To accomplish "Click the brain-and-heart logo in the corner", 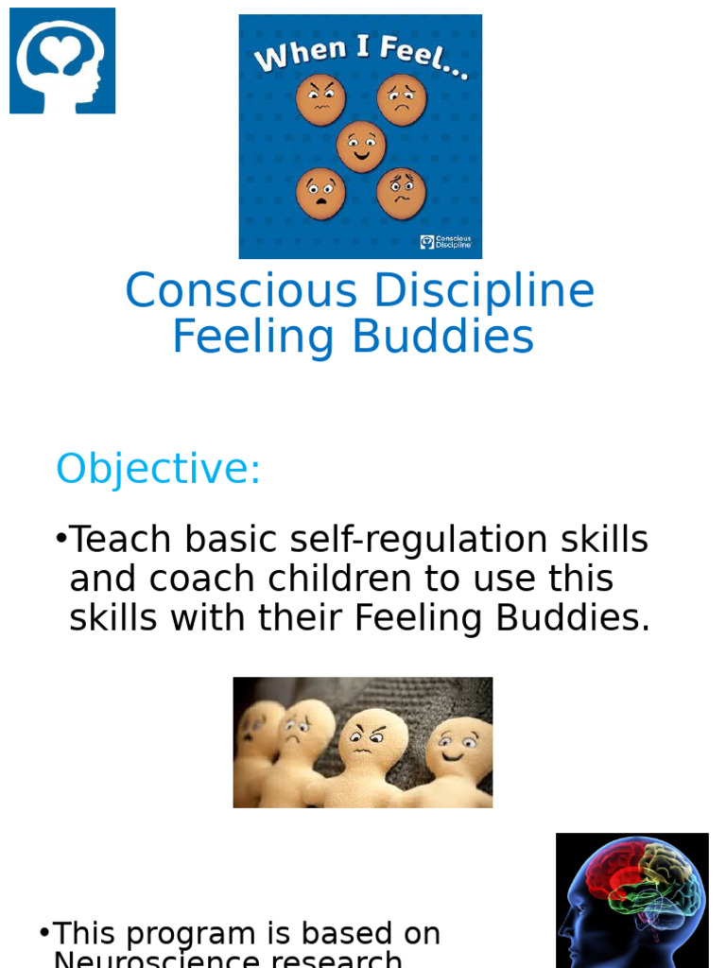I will coord(62,60).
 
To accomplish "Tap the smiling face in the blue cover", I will coord(361,147).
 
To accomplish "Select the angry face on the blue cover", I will coord(320,100).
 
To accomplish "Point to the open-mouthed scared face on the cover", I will coord(320,193).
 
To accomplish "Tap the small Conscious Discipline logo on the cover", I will coord(445,242).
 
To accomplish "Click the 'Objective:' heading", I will coord(158,469).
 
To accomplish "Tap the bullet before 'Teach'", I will coord(60,539).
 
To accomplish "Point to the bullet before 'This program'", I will coord(43,933).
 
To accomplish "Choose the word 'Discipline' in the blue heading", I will coord(483,291).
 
